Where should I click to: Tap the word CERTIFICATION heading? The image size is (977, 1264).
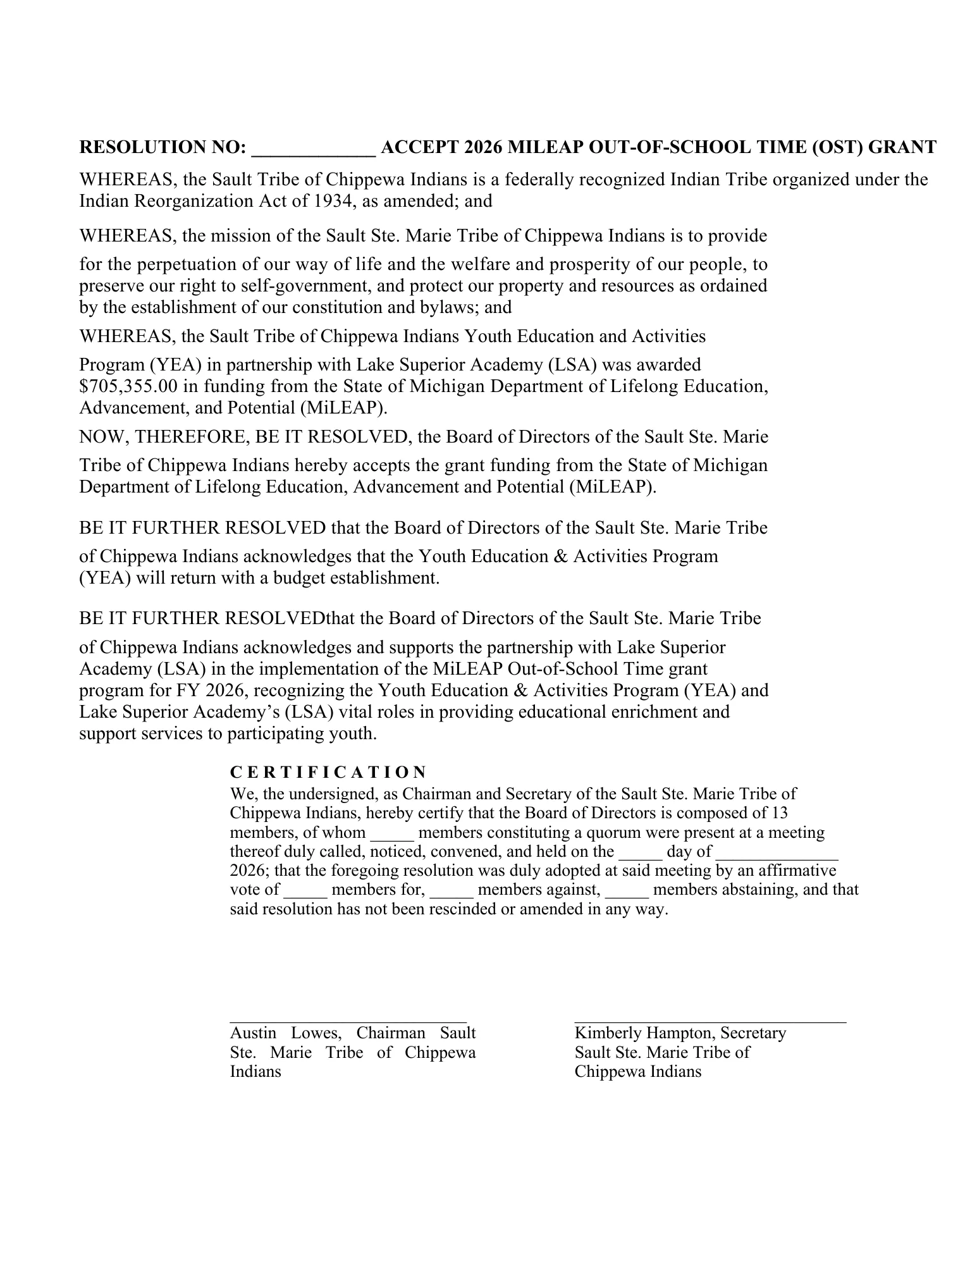[328, 772]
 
